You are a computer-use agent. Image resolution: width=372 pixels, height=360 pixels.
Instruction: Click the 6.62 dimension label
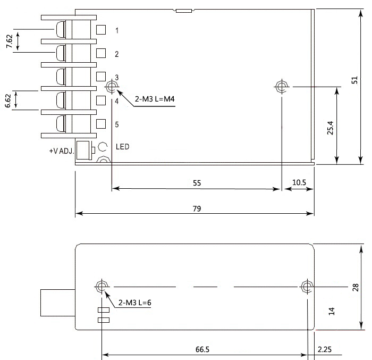tap(8, 101)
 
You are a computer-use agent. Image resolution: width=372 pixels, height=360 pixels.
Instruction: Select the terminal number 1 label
tap(117, 30)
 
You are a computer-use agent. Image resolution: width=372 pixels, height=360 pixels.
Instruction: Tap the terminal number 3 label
tap(117, 78)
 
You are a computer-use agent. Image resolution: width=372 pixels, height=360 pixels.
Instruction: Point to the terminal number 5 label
tap(117, 124)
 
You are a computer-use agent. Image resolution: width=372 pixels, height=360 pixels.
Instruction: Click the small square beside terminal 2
tap(101, 53)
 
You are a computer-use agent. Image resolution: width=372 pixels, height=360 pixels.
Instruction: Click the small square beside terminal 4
tap(101, 100)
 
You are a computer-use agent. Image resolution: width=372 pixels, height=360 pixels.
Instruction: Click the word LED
tap(122, 147)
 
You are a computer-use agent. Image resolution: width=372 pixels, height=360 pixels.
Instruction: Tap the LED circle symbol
tap(104, 147)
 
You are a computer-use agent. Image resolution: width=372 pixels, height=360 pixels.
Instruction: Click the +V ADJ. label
tap(61, 150)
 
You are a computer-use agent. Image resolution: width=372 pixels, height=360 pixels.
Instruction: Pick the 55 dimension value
tap(197, 182)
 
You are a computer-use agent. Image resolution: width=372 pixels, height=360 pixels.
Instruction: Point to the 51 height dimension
tap(354, 80)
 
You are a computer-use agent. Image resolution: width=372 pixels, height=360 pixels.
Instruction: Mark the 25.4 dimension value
tap(330, 128)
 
